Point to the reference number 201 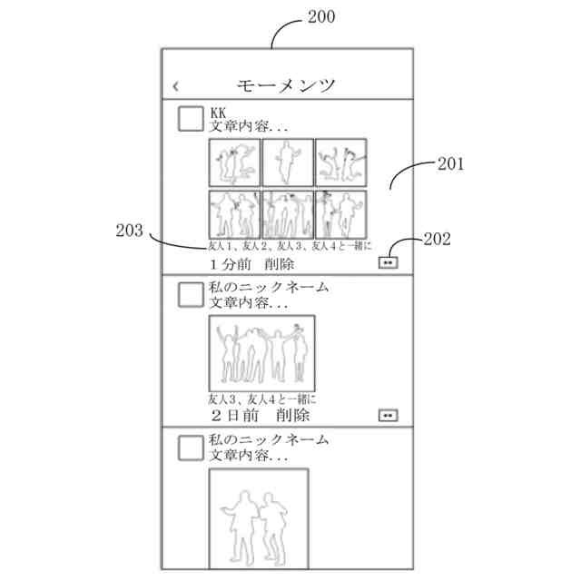[x=450, y=164]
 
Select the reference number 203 [x=129, y=231]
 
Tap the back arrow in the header [x=176, y=86]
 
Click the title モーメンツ [x=286, y=85]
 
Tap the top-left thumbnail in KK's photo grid [x=234, y=162]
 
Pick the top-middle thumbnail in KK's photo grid [x=287, y=162]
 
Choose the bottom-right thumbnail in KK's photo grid [x=340, y=214]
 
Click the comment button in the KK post [x=389, y=262]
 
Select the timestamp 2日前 [x=234, y=415]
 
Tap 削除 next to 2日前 [x=289, y=415]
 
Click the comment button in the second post [x=389, y=415]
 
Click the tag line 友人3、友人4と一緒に [x=261, y=398]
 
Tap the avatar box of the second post [x=191, y=294]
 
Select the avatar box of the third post [x=191, y=447]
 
